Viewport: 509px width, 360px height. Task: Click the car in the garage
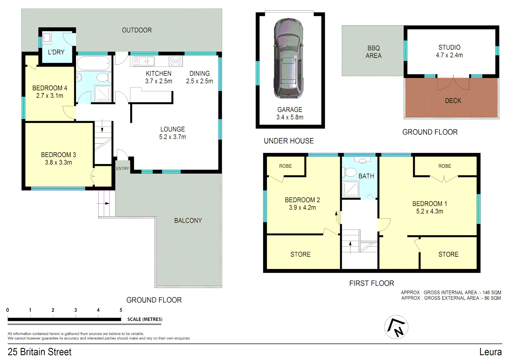coord(288,59)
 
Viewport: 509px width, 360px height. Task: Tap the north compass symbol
coord(396,327)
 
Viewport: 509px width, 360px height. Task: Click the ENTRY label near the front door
coord(122,169)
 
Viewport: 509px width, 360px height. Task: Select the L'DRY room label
coord(56,52)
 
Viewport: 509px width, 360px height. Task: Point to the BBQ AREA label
coord(373,52)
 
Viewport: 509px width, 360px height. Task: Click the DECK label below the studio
coord(453,101)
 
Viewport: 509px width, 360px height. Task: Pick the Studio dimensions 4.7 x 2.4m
coord(449,55)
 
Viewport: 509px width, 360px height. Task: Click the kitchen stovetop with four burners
coord(176,61)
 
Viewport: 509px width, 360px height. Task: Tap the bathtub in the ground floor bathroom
coord(94,63)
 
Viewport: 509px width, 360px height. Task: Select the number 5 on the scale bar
coord(121,310)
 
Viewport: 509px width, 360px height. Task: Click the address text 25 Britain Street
coord(40,352)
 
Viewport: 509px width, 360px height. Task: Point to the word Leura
coord(490,352)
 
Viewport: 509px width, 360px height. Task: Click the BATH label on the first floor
coord(366,176)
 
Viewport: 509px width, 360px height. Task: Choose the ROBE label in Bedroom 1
coord(445,166)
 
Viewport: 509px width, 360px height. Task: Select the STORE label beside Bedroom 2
coord(300,255)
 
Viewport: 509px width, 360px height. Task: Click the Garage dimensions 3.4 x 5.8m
coord(290,117)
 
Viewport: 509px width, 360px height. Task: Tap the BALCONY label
coord(188,221)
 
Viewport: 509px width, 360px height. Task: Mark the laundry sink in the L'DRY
coord(47,38)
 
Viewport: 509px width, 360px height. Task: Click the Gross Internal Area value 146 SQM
coord(492,293)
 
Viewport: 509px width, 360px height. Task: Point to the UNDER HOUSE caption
coord(289,141)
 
